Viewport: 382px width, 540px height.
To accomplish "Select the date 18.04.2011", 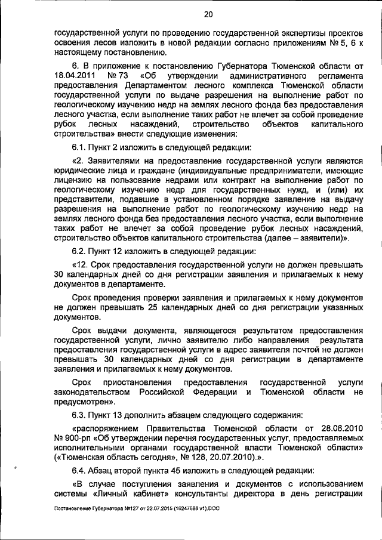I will tap(75, 77).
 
